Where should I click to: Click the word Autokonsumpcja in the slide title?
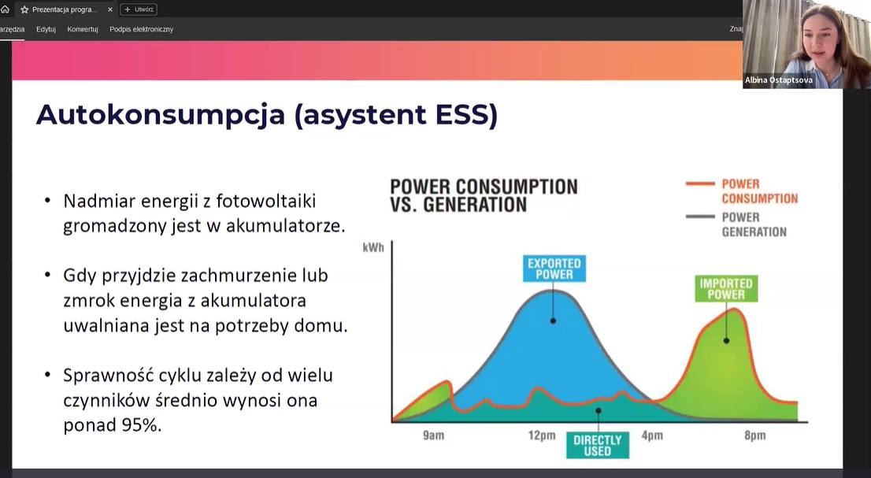coord(160,115)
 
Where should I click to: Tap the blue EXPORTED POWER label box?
coord(554,269)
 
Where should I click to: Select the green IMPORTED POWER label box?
coord(726,289)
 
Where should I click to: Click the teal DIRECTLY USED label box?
coord(597,445)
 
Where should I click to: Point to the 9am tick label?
coord(433,435)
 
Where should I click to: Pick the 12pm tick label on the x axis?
coord(542,435)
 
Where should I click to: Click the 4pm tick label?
coord(652,435)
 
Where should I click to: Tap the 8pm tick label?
coord(755,435)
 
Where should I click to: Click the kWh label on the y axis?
coord(373,247)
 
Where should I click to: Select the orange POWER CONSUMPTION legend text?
coord(759,191)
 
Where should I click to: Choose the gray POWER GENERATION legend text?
coord(754,224)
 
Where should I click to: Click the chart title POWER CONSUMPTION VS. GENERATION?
coord(484,195)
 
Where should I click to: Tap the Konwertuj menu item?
coord(82,29)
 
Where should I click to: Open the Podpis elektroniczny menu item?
coord(141,29)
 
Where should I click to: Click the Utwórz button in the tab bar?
coord(139,9)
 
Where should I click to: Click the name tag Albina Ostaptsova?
coord(778,80)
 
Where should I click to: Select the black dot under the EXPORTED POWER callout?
coord(554,321)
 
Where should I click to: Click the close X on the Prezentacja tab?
coord(110,9)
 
